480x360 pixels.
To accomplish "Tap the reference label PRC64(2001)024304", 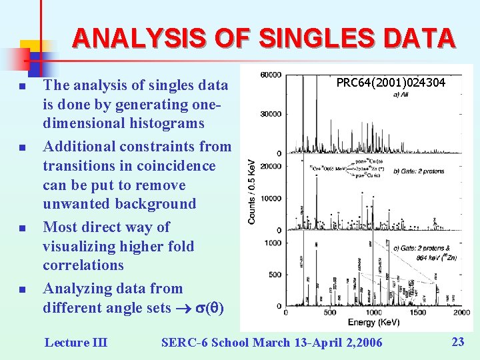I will point(391,83).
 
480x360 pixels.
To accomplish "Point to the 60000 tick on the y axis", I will point(271,75).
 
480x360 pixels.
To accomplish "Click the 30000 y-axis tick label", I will point(271,114).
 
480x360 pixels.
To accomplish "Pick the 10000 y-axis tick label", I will point(271,199).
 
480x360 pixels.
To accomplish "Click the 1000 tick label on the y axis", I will point(273,243).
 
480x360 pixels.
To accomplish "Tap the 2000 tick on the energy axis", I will point(461,313).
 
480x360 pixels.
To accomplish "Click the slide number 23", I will point(458,342).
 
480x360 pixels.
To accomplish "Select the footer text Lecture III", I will point(75,343).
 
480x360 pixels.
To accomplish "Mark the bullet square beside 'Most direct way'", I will point(22,228).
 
